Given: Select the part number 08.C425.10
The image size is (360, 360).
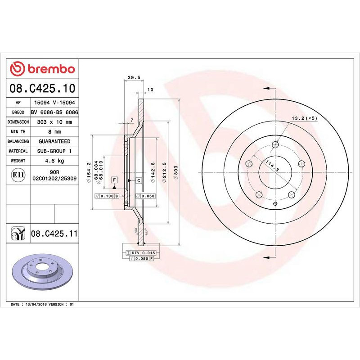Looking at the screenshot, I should (43, 89).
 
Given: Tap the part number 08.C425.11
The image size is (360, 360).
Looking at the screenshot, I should (54, 234).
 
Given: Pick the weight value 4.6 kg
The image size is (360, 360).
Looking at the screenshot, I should (54, 161).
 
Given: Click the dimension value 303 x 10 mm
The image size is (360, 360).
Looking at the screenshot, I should (54, 122).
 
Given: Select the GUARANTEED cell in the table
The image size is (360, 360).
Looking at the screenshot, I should (54, 141).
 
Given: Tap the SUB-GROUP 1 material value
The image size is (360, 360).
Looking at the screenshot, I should (54, 151).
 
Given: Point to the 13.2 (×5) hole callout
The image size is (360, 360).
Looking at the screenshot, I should (305, 118).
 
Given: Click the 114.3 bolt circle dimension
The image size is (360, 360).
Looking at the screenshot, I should (272, 166).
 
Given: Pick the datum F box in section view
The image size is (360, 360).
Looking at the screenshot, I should (115, 180).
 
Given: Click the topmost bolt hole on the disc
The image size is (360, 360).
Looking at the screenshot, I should (275, 145).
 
